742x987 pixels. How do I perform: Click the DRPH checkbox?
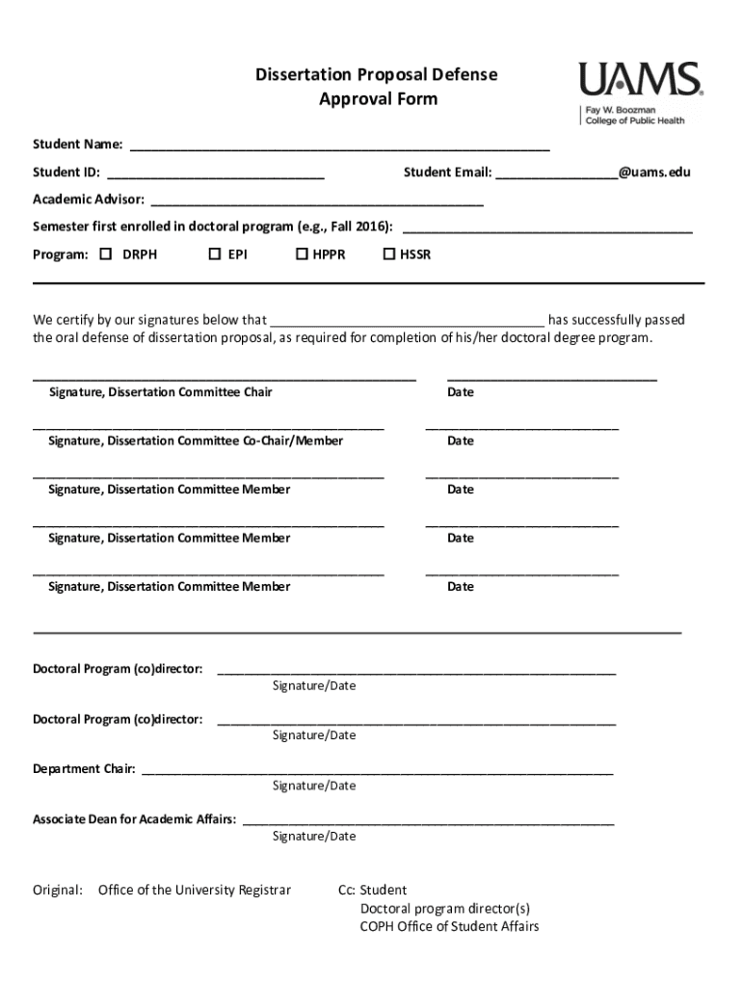106,254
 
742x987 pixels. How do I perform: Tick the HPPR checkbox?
302,254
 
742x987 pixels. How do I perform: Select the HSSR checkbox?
389,254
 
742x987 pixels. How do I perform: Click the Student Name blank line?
339,148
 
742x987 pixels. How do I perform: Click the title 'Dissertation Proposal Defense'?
377,75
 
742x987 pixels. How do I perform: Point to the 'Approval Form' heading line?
378,99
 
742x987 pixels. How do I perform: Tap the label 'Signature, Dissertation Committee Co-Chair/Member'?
196,440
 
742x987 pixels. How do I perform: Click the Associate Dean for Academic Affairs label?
134,819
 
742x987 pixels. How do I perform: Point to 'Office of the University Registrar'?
194,890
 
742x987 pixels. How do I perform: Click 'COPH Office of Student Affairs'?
449,926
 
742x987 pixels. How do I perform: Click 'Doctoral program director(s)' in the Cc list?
444,908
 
